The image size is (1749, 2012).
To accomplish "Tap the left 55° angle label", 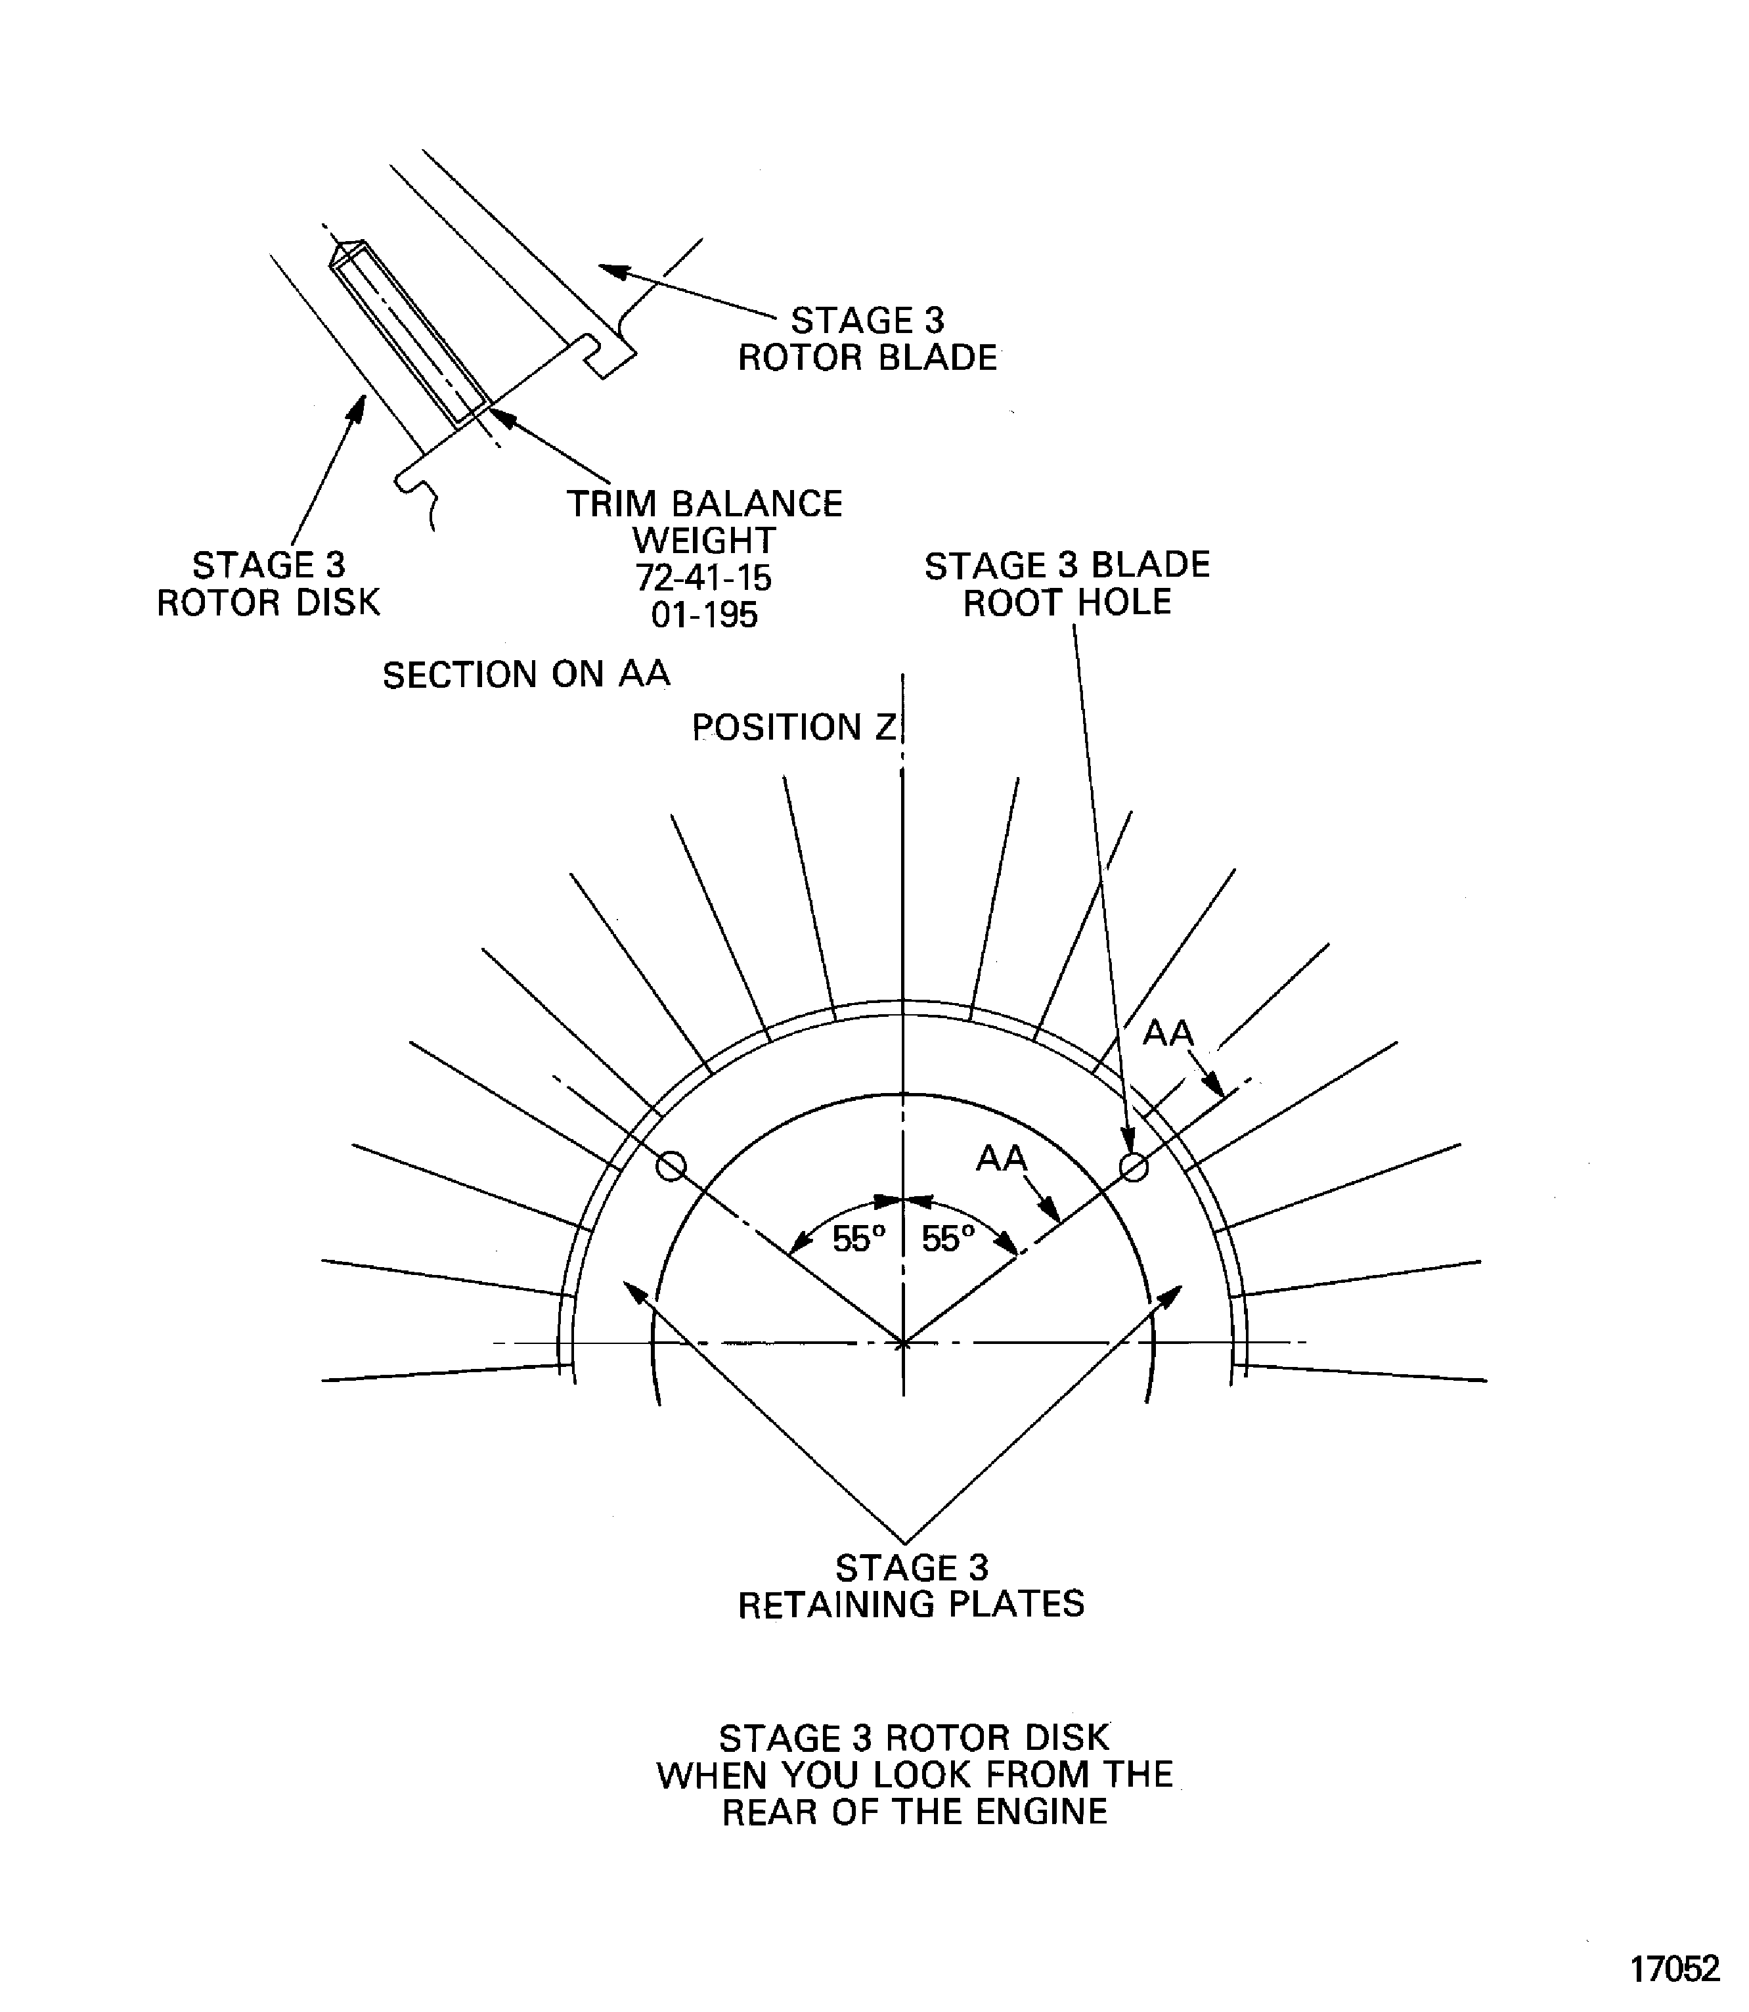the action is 859,1240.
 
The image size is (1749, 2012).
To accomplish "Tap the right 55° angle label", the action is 948,1240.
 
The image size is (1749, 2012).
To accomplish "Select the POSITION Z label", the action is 793,727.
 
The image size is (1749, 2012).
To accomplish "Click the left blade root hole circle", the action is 671,1165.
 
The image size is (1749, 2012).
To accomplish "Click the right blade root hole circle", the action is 1133,1165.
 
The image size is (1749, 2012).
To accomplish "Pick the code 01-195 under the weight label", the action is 703,615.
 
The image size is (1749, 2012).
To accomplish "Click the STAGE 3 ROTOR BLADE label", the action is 868,339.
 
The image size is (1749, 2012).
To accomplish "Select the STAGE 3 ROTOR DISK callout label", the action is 269,584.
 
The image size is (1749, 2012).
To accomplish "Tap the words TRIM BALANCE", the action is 705,504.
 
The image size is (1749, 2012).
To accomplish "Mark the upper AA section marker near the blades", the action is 1168,1032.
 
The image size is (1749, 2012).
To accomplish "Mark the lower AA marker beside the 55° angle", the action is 1002,1158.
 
